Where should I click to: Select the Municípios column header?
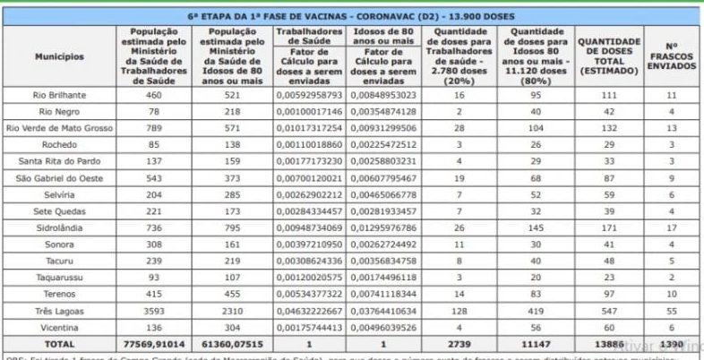59,56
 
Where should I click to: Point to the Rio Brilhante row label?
59,95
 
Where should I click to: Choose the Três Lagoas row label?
59,311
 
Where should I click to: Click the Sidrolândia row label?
59,228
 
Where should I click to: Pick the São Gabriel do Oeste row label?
59,178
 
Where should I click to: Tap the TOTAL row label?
59,344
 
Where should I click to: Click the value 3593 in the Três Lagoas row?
154,311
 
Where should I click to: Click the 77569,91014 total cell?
154,344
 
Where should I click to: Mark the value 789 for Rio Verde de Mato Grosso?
154,128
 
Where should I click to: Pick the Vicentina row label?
59,327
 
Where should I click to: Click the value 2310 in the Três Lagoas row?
231,311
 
